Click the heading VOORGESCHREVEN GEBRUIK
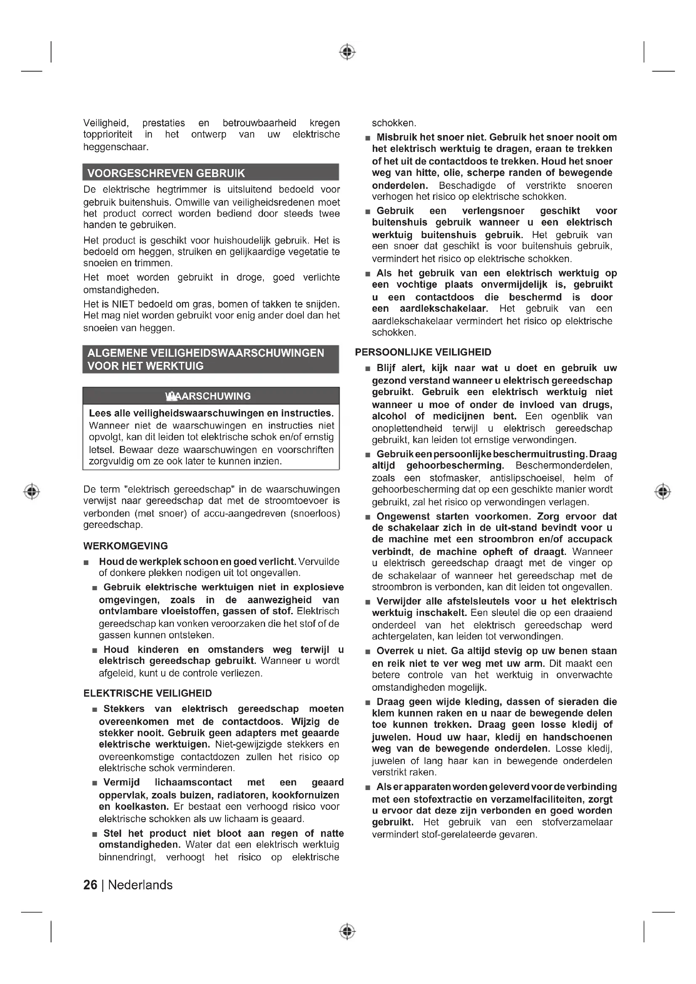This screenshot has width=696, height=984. coord(166,173)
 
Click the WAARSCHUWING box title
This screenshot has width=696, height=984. coord(209,396)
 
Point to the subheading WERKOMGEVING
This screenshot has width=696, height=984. coord(125,546)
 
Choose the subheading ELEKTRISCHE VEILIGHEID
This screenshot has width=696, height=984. coord(147,693)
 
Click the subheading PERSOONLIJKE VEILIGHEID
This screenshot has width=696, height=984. coord(423,352)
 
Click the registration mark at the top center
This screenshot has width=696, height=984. coord(348,52)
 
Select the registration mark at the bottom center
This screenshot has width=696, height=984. coord(348,932)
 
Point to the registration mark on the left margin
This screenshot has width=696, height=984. coord(32,491)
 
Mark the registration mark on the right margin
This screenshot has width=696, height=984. coord(663,491)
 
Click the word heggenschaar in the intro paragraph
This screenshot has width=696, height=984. coord(116,147)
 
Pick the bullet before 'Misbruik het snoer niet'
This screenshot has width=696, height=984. coord(367,138)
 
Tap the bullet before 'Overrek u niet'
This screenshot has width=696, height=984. coord(367,652)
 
